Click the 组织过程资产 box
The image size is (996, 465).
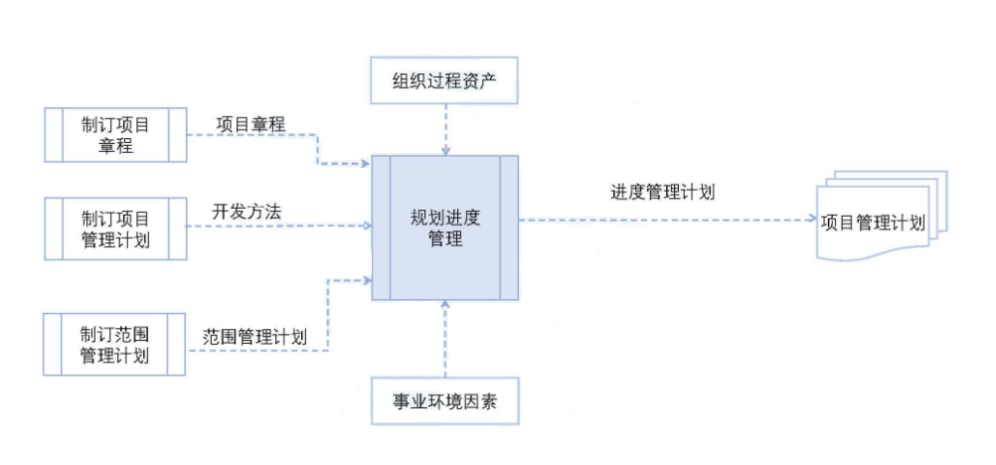[x=444, y=79]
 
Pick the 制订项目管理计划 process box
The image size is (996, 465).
[x=115, y=228]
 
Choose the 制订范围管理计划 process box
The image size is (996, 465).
[x=115, y=344]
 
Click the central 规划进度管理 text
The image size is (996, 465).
[x=444, y=228]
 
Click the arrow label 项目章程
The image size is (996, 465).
[x=250, y=124]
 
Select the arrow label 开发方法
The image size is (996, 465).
[x=247, y=211]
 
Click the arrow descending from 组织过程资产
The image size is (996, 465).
[x=445, y=129]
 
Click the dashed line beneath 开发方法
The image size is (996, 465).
[x=278, y=227]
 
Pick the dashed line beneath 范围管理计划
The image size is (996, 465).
[x=258, y=350]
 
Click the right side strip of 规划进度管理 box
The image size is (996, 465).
[x=509, y=228]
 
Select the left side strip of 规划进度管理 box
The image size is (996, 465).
[x=381, y=228]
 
